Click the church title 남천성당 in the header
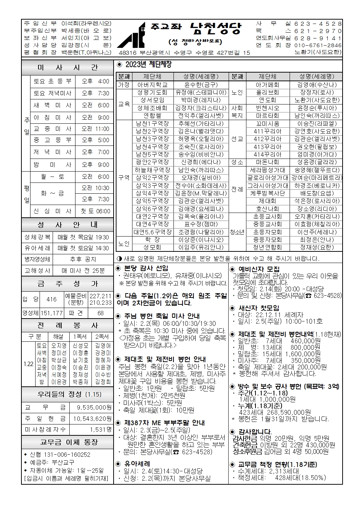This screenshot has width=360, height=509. [x=215, y=29]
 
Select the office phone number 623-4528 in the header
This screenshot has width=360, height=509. [x=318, y=24]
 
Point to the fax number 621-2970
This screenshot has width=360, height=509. [x=318, y=31]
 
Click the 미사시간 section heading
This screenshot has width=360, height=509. [x=67, y=68]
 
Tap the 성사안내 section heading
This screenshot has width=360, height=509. [x=67, y=225]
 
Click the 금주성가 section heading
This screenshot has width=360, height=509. [x=67, y=283]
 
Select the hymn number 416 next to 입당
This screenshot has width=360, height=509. [x=52, y=299]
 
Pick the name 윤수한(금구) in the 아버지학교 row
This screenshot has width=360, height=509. [x=201, y=85]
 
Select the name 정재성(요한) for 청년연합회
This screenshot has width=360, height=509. [x=316, y=247]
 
